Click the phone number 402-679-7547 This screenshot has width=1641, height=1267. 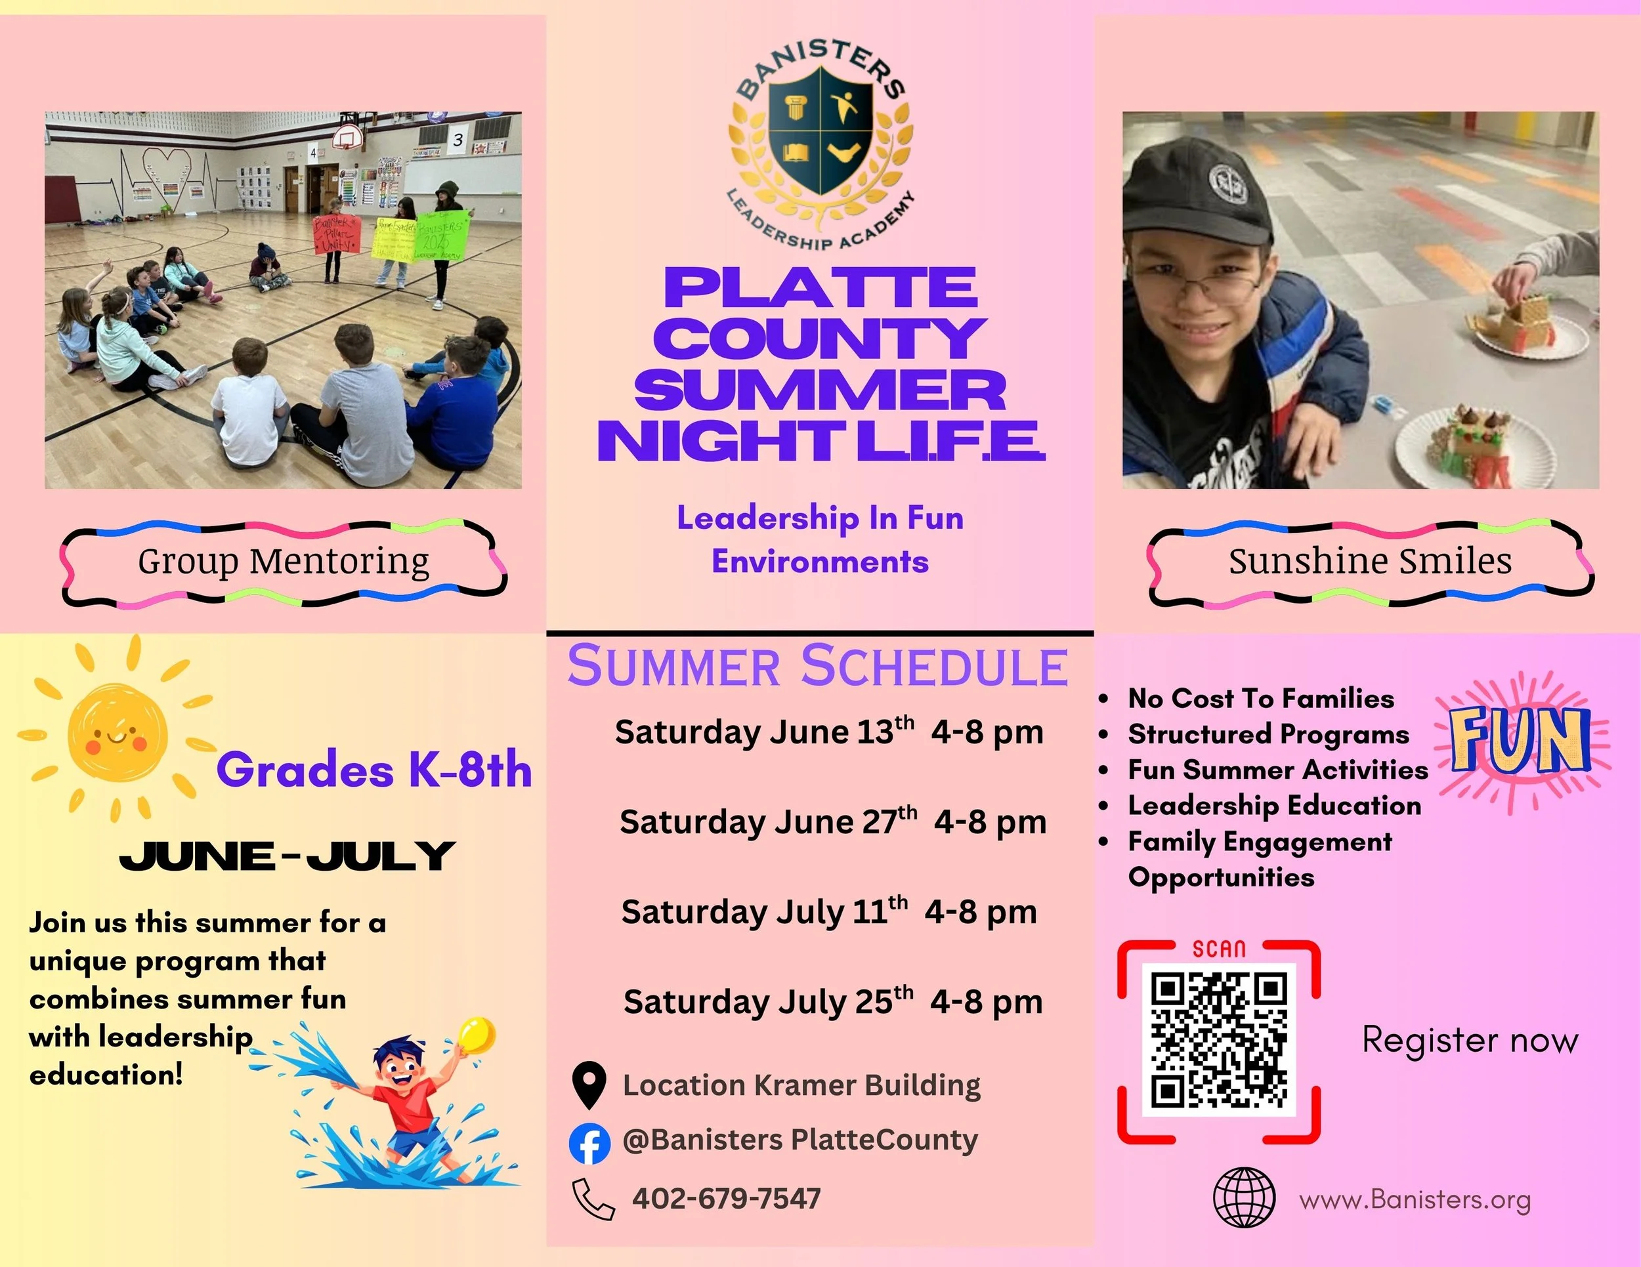click(727, 1199)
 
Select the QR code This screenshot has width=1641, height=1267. click(1219, 1039)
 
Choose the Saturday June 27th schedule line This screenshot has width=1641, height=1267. click(832, 821)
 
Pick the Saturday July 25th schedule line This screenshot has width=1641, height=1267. click(832, 1001)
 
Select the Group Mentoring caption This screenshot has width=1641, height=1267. click(284, 561)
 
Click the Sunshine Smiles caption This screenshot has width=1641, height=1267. click(1371, 561)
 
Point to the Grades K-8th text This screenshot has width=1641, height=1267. click(374, 770)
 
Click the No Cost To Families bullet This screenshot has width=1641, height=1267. click(1261, 699)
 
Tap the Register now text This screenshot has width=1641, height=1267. click(1470, 1040)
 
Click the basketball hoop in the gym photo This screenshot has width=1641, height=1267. click(347, 138)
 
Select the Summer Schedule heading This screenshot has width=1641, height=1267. click(817, 666)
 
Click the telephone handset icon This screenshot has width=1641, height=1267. click(593, 1199)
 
